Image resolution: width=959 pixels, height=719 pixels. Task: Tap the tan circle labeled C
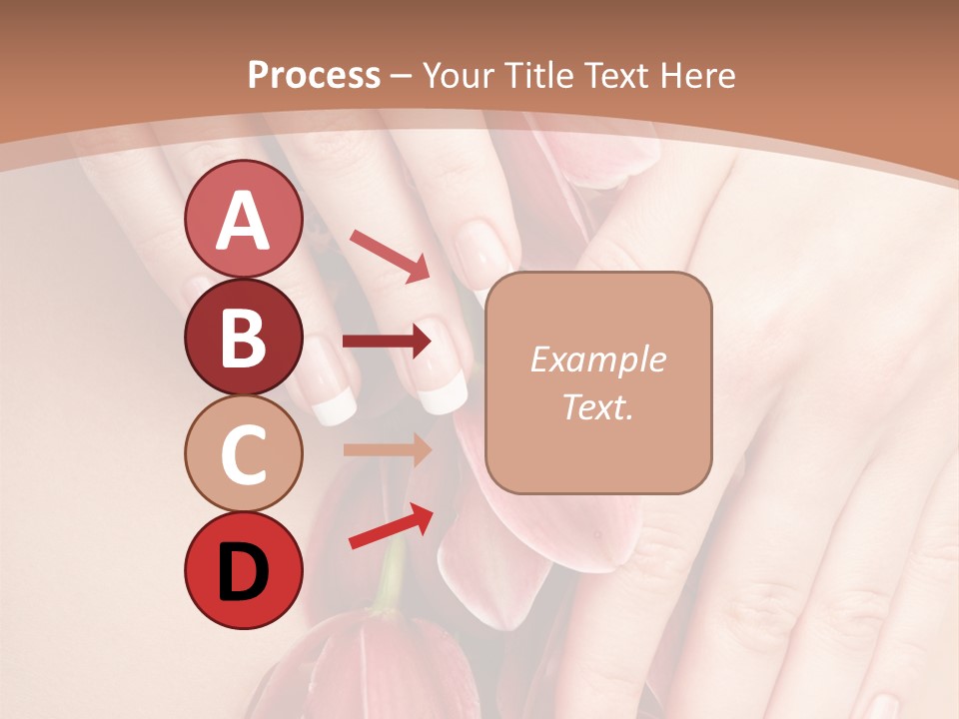point(243,454)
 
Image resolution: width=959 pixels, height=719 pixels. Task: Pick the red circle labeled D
point(243,571)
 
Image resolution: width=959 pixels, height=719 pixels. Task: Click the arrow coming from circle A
point(390,255)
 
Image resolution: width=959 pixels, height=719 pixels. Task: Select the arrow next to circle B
point(388,342)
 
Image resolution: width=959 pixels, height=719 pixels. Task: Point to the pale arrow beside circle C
point(388,449)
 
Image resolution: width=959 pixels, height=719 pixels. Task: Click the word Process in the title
point(314,75)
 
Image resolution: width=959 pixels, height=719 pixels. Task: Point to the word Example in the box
point(597,359)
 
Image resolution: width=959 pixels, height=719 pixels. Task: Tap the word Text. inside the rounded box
point(597,406)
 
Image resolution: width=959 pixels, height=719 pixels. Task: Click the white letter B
point(243,338)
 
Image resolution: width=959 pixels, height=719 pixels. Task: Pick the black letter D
point(243,572)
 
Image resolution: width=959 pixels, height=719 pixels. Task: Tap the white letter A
point(243,220)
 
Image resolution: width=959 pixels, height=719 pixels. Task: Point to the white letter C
point(243,455)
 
